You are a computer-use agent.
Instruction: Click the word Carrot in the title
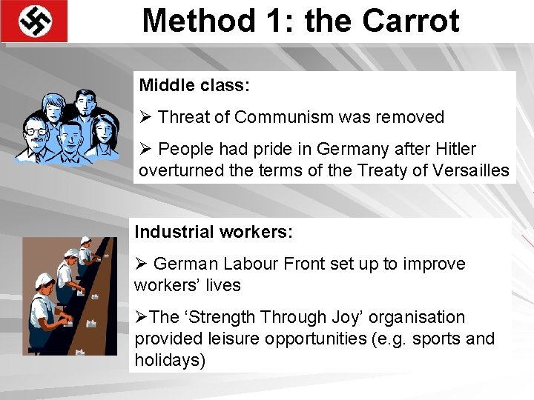pyautogui.click(x=411, y=20)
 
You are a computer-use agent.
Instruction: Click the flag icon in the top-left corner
pyautogui.click(x=34, y=21)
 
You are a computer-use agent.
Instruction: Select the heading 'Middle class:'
pyautogui.click(x=194, y=85)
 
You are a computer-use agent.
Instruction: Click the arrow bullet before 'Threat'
pyautogui.click(x=145, y=117)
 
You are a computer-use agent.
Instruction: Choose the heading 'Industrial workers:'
pyautogui.click(x=214, y=232)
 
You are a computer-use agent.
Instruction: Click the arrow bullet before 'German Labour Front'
pyautogui.click(x=141, y=264)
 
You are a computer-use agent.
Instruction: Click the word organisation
pyautogui.click(x=415, y=317)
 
